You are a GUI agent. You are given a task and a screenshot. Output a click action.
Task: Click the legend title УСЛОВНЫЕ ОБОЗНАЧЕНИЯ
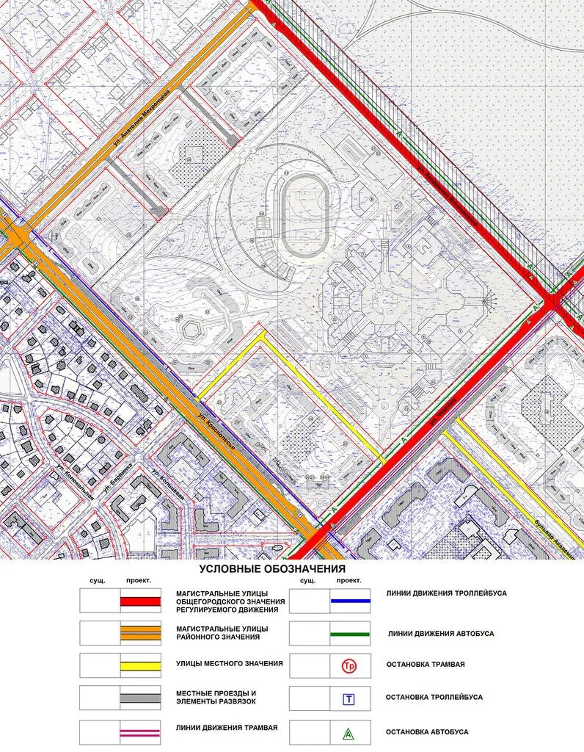(x=271, y=569)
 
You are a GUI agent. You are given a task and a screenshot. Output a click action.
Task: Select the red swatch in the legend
(x=140, y=601)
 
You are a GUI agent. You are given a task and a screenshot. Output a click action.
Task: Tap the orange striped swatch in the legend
(x=140, y=632)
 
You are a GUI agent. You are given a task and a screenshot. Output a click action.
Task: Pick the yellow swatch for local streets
(x=140, y=665)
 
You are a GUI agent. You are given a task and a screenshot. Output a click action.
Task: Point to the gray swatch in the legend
(x=140, y=697)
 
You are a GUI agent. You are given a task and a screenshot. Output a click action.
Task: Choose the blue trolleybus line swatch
(x=349, y=601)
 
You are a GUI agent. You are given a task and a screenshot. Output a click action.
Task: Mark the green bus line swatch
(x=349, y=632)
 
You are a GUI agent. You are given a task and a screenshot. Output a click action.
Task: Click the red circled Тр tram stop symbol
(x=349, y=666)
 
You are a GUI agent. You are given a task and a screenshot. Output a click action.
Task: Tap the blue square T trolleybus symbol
(x=349, y=698)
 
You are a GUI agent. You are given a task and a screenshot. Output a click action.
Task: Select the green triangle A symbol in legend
(x=349, y=731)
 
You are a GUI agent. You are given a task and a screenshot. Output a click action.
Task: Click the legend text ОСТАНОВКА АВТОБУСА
(x=427, y=731)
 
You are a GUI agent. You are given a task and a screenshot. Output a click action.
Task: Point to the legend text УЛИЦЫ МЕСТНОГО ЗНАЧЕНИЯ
(x=229, y=664)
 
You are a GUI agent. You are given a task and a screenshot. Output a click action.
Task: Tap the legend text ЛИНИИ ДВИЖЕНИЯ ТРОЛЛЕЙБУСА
(x=446, y=593)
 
